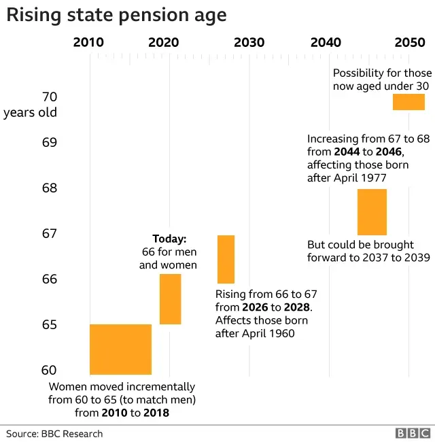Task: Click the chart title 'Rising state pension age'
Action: (x=116, y=14)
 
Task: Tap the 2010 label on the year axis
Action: (x=88, y=42)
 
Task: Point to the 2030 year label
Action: (x=249, y=42)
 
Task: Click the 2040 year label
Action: (x=326, y=42)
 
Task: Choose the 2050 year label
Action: (x=409, y=42)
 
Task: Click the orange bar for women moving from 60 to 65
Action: (x=120, y=349)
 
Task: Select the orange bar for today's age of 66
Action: (x=170, y=299)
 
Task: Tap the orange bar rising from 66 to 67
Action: (x=226, y=259)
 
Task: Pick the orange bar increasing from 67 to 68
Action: (x=372, y=212)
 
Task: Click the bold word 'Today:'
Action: (x=169, y=239)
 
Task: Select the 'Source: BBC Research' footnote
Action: (x=54, y=433)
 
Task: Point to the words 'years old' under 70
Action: (x=30, y=112)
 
